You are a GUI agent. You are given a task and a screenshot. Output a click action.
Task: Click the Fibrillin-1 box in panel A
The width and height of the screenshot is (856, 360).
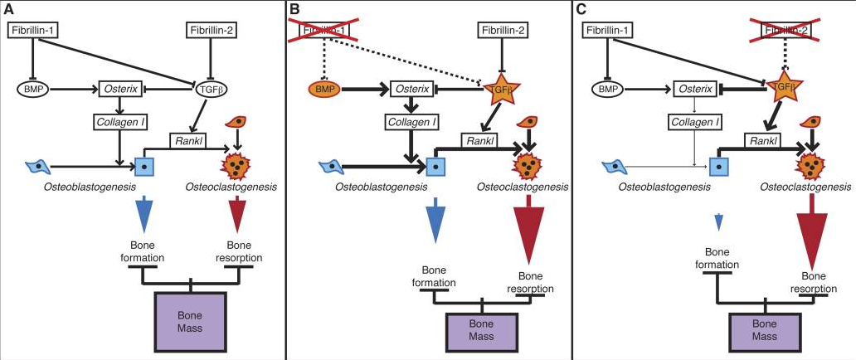(32, 30)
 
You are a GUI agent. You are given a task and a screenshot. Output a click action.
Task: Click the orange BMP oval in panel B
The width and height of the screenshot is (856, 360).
(324, 88)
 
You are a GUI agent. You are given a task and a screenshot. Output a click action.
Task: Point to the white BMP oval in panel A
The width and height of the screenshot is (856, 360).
(32, 88)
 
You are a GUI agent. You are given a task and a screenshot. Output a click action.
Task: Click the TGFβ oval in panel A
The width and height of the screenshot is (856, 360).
(210, 88)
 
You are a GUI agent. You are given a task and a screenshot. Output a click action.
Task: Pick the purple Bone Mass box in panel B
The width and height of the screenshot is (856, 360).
(481, 329)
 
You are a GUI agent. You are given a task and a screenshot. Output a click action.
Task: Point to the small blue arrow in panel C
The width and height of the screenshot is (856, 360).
(718, 221)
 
